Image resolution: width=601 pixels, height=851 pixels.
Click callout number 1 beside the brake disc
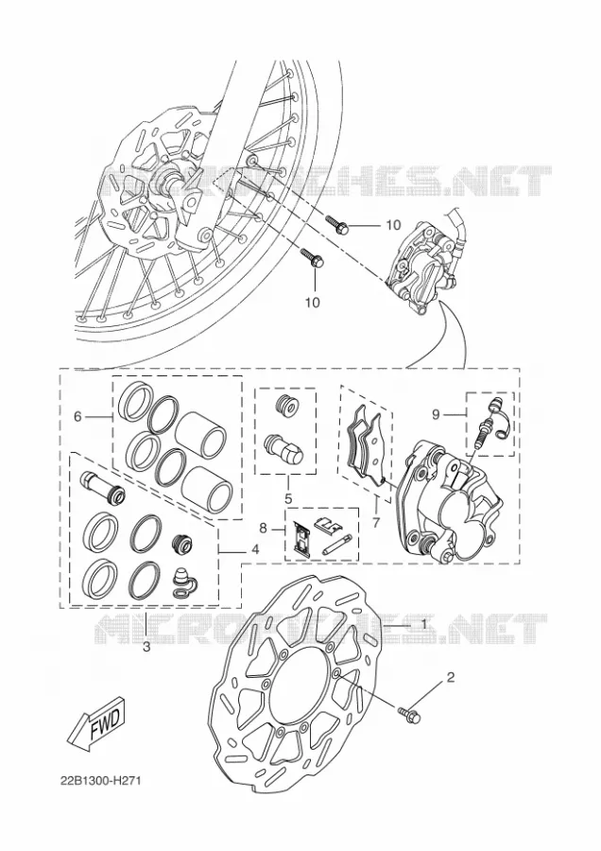(x=423, y=624)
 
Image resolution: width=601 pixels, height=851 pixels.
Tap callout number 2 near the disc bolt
(x=450, y=677)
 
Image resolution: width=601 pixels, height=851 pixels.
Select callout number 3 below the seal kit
(x=146, y=648)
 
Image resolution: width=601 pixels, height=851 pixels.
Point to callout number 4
(x=255, y=549)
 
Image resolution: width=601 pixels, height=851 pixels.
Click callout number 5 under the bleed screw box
(x=288, y=497)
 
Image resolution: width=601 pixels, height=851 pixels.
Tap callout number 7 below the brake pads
(x=376, y=522)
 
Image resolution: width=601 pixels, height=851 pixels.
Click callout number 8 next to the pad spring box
(x=263, y=528)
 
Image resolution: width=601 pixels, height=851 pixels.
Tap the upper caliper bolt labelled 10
(x=336, y=224)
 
